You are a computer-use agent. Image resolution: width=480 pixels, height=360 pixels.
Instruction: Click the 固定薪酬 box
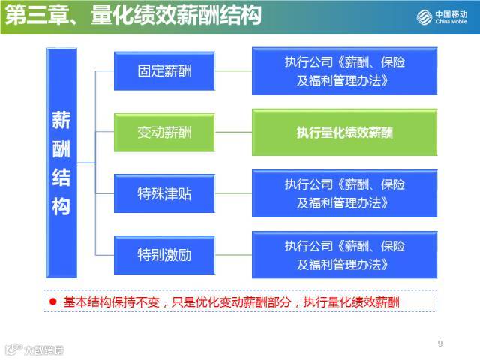click(x=164, y=71)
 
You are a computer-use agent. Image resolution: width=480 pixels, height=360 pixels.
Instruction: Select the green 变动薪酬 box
click(x=164, y=133)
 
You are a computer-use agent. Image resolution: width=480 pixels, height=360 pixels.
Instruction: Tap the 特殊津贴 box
click(x=164, y=194)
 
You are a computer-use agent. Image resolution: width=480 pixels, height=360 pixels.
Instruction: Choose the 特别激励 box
click(x=164, y=255)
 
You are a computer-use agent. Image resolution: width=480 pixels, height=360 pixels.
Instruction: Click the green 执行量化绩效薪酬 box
click(x=344, y=133)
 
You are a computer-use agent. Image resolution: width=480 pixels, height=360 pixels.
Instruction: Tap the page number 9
click(x=440, y=344)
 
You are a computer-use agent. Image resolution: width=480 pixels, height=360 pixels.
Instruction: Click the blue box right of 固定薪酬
click(x=344, y=71)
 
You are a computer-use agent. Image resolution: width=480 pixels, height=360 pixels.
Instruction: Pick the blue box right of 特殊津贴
click(x=344, y=193)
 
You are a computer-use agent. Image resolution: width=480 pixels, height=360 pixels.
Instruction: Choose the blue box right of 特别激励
click(x=344, y=255)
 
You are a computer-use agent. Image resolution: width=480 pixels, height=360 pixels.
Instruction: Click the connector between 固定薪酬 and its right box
click(x=233, y=71)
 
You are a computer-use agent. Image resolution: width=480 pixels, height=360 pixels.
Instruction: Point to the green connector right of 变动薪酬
click(x=233, y=133)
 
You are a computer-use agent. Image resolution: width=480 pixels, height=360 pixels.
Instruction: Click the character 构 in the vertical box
click(x=61, y=205)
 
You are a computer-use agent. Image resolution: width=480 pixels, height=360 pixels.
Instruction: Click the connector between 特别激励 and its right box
click(x=233, y=255)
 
